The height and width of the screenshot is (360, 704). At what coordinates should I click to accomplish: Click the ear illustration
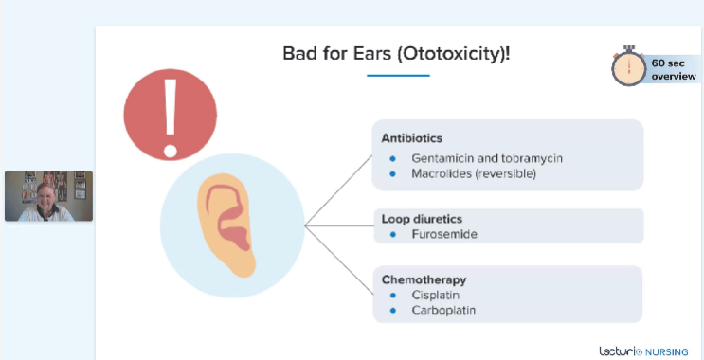(x=226, y=225)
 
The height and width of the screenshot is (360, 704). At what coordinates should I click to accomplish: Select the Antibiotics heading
(x=412, y=138)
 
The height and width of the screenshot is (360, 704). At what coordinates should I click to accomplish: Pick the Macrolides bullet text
(x=474, y=173)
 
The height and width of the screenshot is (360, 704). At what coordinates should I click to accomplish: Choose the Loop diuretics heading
(x=422, y=219)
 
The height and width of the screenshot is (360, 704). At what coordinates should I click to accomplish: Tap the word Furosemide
(x=444, y=234)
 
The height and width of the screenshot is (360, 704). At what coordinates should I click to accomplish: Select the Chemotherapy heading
(x=424, y=280)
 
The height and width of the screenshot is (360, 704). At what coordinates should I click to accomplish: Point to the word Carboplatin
(x=443, y=310)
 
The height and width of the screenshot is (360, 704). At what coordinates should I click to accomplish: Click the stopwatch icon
(x=629, y=66)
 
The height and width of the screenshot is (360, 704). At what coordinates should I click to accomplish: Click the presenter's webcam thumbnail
(x=49, y=196)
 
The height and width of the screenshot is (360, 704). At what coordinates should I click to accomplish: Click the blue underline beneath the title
(x=398, y=76)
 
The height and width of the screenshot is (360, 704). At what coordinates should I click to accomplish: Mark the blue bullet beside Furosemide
(x=393, y=234)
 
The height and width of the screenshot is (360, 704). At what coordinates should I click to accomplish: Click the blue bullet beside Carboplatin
(x=393, y=310)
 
